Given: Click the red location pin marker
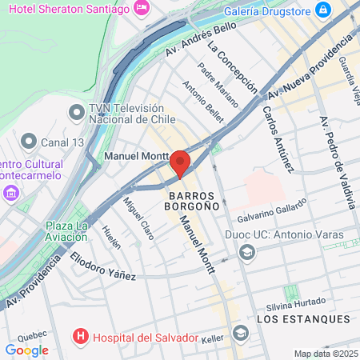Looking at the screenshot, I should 180,162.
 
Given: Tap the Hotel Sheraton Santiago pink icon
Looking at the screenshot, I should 142,9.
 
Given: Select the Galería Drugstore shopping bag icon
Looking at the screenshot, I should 322,10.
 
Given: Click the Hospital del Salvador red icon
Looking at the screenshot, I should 80,337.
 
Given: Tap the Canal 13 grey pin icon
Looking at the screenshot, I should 29,142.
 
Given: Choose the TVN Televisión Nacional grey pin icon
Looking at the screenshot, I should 77,111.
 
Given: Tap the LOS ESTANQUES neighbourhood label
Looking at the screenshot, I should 303,319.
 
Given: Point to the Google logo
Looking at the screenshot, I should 26,350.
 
